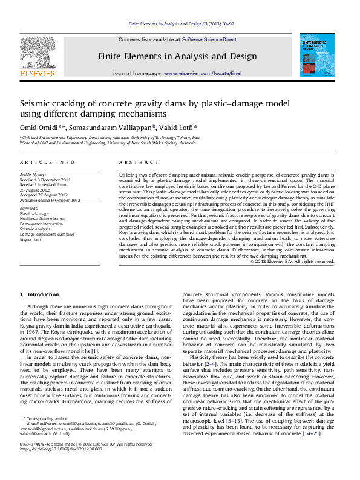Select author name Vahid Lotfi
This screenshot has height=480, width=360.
176,128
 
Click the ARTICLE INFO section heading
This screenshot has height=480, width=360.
48,163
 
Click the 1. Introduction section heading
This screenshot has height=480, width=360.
40,294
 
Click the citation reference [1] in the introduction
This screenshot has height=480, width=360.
94,351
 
